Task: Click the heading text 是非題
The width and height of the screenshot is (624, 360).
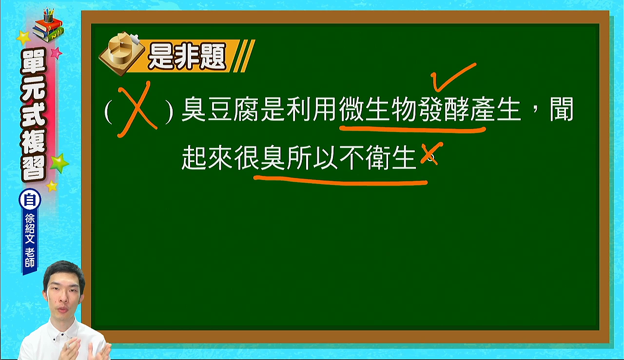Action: click(187, 57)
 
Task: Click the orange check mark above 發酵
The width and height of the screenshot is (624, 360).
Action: click(453, 77)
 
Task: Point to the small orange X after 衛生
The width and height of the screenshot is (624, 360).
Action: click(431, 153)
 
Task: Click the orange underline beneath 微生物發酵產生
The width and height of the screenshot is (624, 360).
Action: click(412, 130)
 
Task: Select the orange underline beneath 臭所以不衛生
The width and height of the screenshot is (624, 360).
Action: click(340, 180)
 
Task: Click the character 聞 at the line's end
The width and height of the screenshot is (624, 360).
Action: click(561, 109)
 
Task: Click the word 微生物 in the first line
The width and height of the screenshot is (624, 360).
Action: click(378, 109)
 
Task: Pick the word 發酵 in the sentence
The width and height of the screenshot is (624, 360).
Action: click(443, 109)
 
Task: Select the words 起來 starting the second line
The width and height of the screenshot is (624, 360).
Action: click(207, 158)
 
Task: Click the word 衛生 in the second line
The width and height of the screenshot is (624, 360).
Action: click(391, 158)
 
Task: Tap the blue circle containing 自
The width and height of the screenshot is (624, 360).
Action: click(30, 200)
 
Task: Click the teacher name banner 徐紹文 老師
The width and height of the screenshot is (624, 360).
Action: click(30, 240)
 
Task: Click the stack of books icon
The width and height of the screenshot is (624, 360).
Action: click(48, 26)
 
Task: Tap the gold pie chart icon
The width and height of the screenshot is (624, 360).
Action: click(122, 54)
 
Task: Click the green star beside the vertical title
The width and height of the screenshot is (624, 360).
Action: click(59, 163)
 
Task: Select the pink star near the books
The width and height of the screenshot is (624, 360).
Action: click(56, 53)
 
